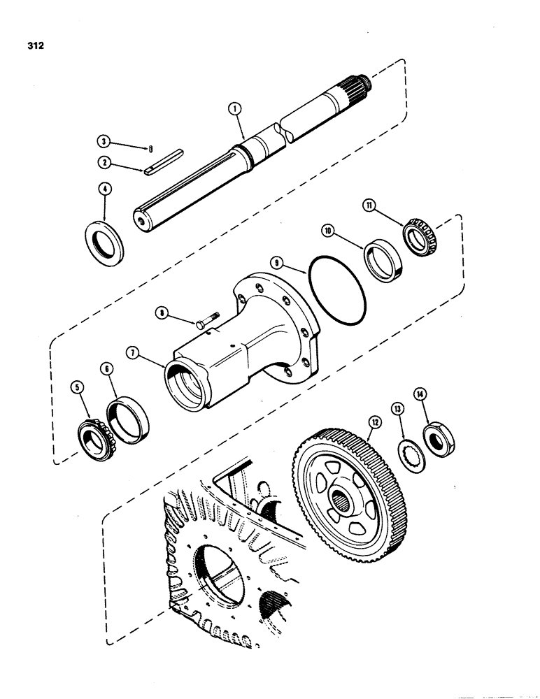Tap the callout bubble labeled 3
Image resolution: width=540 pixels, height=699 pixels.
pos(104,142)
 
